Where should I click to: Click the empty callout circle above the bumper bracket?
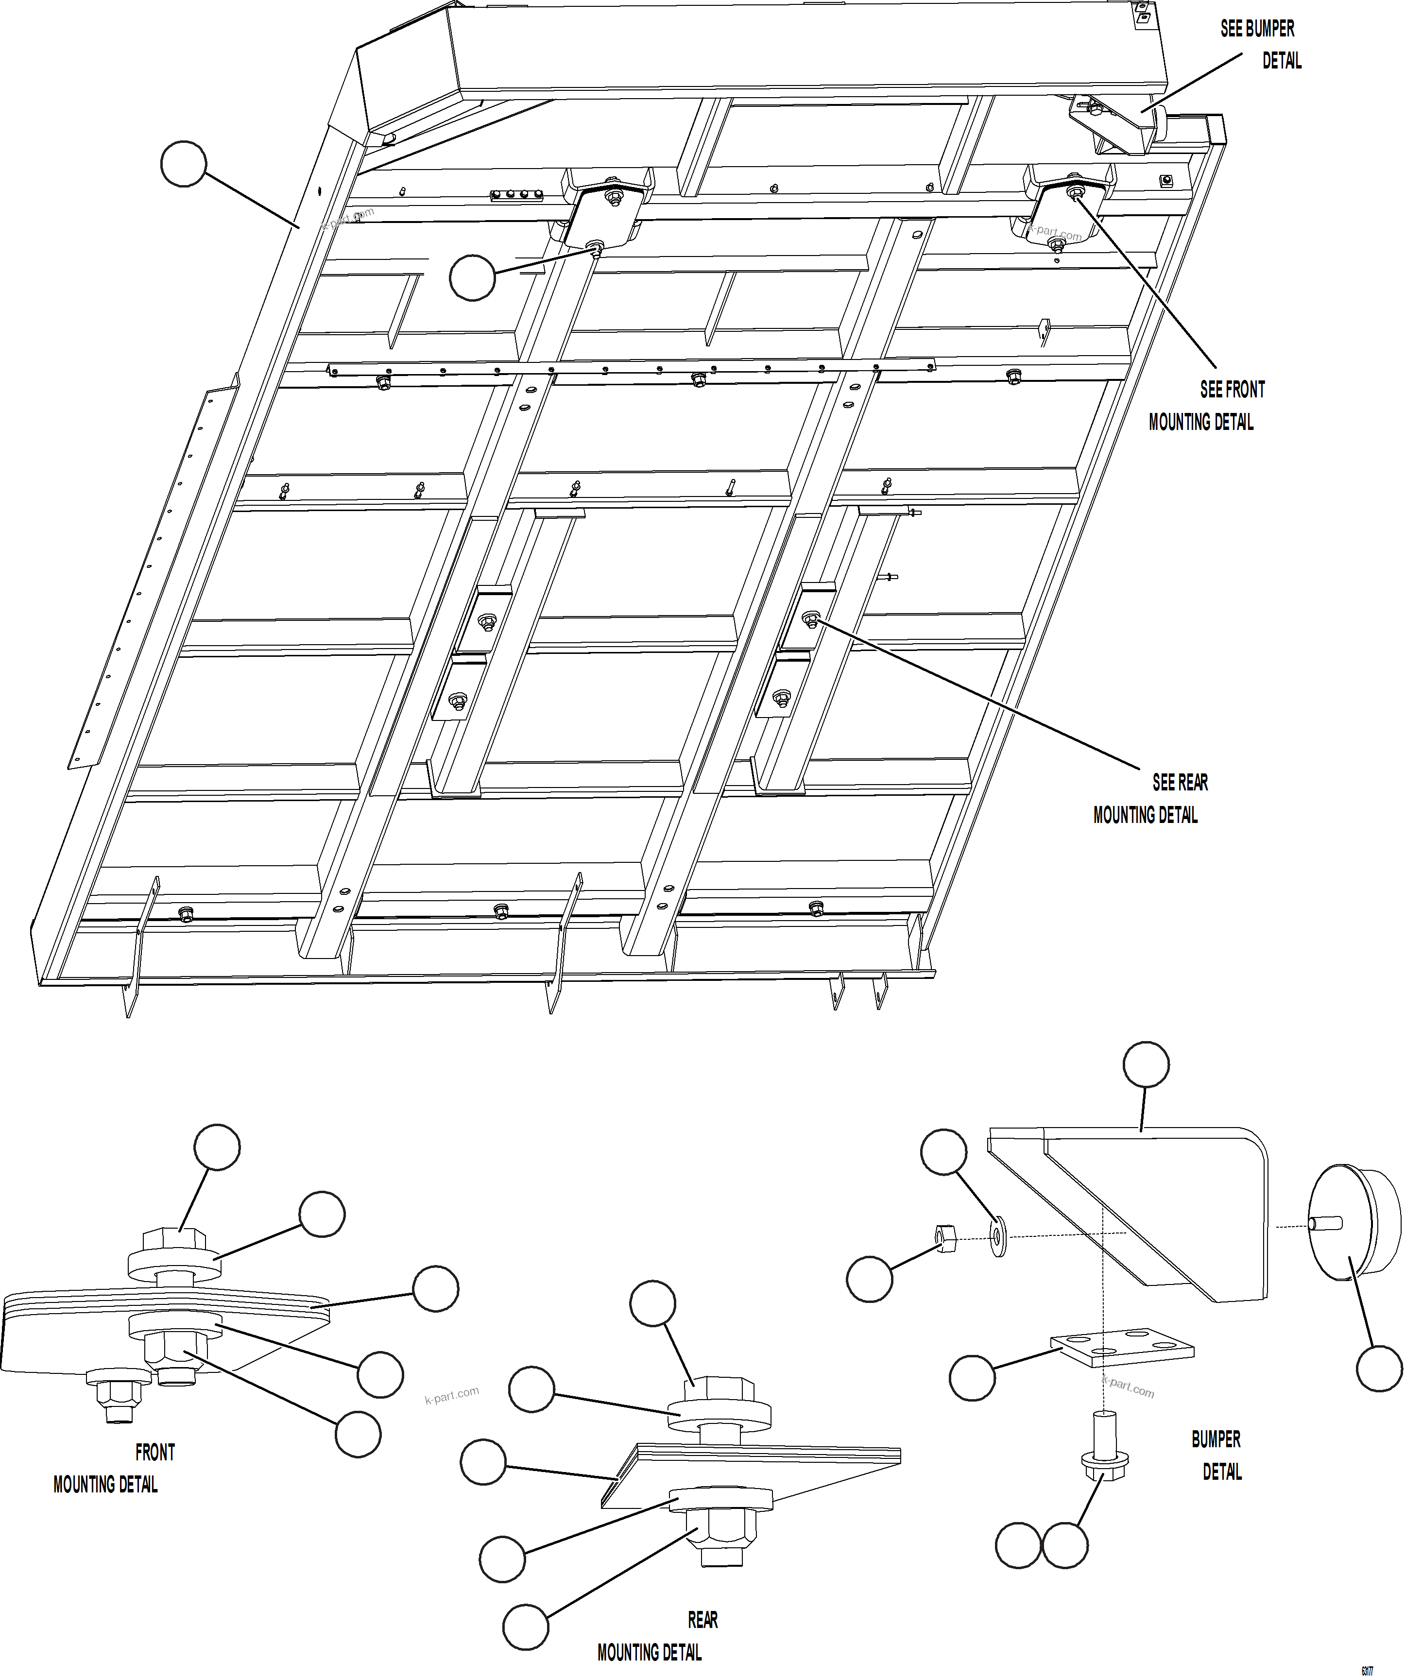coord(1146,1064)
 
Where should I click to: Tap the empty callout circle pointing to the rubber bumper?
coord(1379,1368)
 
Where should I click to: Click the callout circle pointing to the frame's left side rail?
coord(184,164)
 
